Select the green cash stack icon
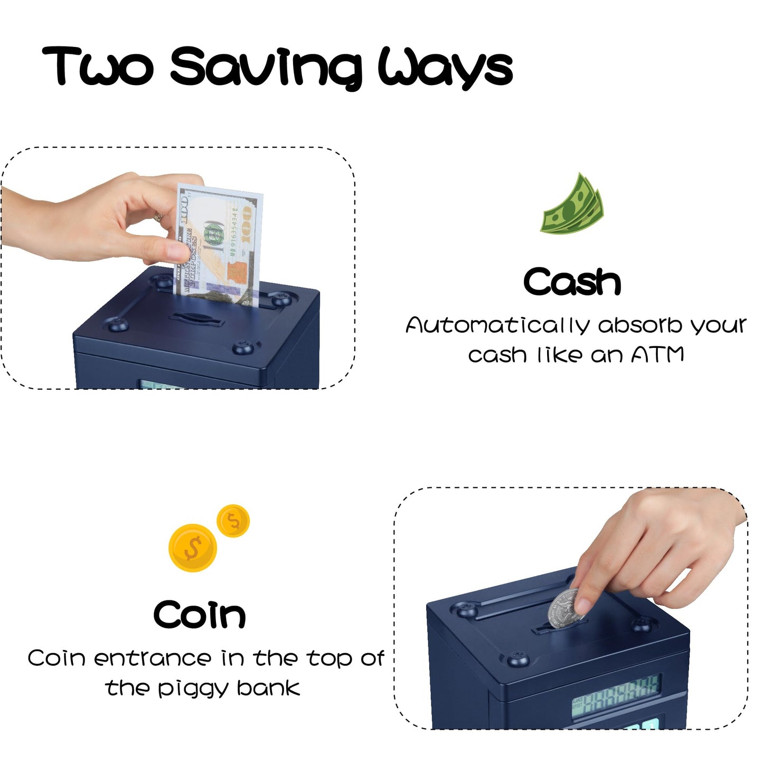pos(572,205)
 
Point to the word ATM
pos(657,354)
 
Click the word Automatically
pos(497,325)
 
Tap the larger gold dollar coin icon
pos(193,548)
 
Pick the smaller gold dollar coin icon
pos(233,521)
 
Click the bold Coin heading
pos(200,615)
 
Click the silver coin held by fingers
pos(566,609)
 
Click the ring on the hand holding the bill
pos(158,216)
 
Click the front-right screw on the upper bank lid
pos(243,346)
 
